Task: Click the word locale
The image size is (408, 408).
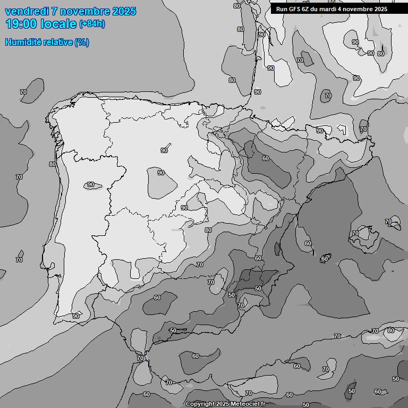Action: click(59, 24)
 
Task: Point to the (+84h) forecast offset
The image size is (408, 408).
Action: click(92, 24)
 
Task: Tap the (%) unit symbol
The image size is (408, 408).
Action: click(82, 42)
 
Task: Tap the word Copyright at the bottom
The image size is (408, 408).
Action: click(201, 404)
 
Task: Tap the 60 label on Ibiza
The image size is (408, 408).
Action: click(324, 259)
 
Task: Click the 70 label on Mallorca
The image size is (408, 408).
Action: click(355, 233)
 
